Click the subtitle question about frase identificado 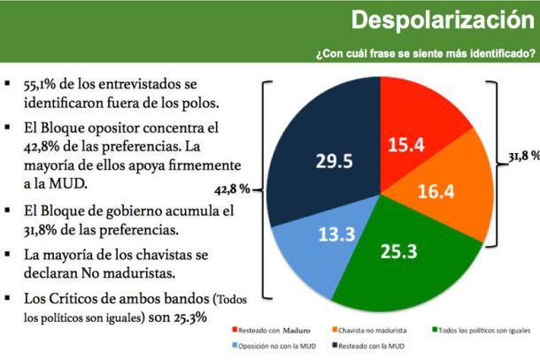pos(425,53)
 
